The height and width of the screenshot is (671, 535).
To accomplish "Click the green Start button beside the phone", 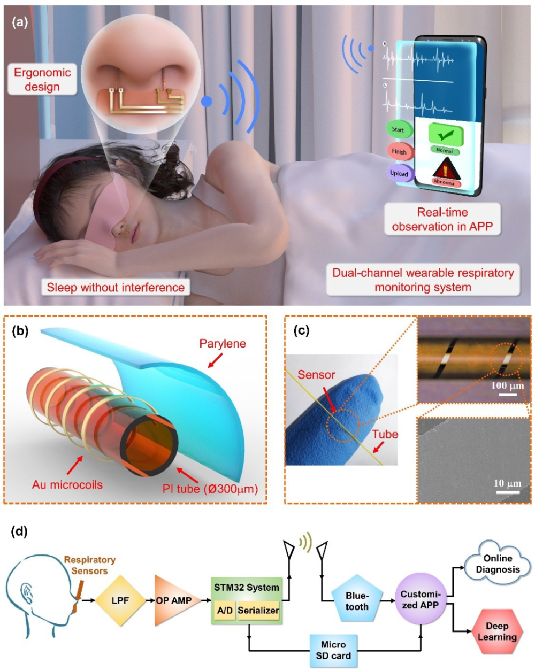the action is (399, 129).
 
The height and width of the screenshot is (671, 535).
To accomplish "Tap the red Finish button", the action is (400, 152).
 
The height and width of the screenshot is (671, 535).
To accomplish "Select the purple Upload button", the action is (400, 173).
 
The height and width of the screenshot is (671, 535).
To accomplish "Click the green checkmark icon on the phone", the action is (446, 135).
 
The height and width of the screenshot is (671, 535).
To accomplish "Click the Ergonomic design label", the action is (42, 79).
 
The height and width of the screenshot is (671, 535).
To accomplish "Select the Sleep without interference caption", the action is (116, 287).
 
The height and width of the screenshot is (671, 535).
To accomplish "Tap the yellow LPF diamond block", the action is (120, 600).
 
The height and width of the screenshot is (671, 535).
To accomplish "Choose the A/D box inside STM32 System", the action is (225, 610).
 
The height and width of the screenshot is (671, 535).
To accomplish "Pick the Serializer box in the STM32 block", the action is (258, 610).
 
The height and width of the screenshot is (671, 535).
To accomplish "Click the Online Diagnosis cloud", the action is (497, 564).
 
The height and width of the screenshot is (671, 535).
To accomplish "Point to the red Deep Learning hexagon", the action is (497, 632).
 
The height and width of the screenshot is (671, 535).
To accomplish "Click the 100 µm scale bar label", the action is (508, 385).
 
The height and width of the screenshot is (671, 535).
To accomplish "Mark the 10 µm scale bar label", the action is (508, 483).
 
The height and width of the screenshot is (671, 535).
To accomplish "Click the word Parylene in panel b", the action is (223, 343).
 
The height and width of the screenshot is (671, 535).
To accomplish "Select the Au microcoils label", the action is (67, 485).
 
